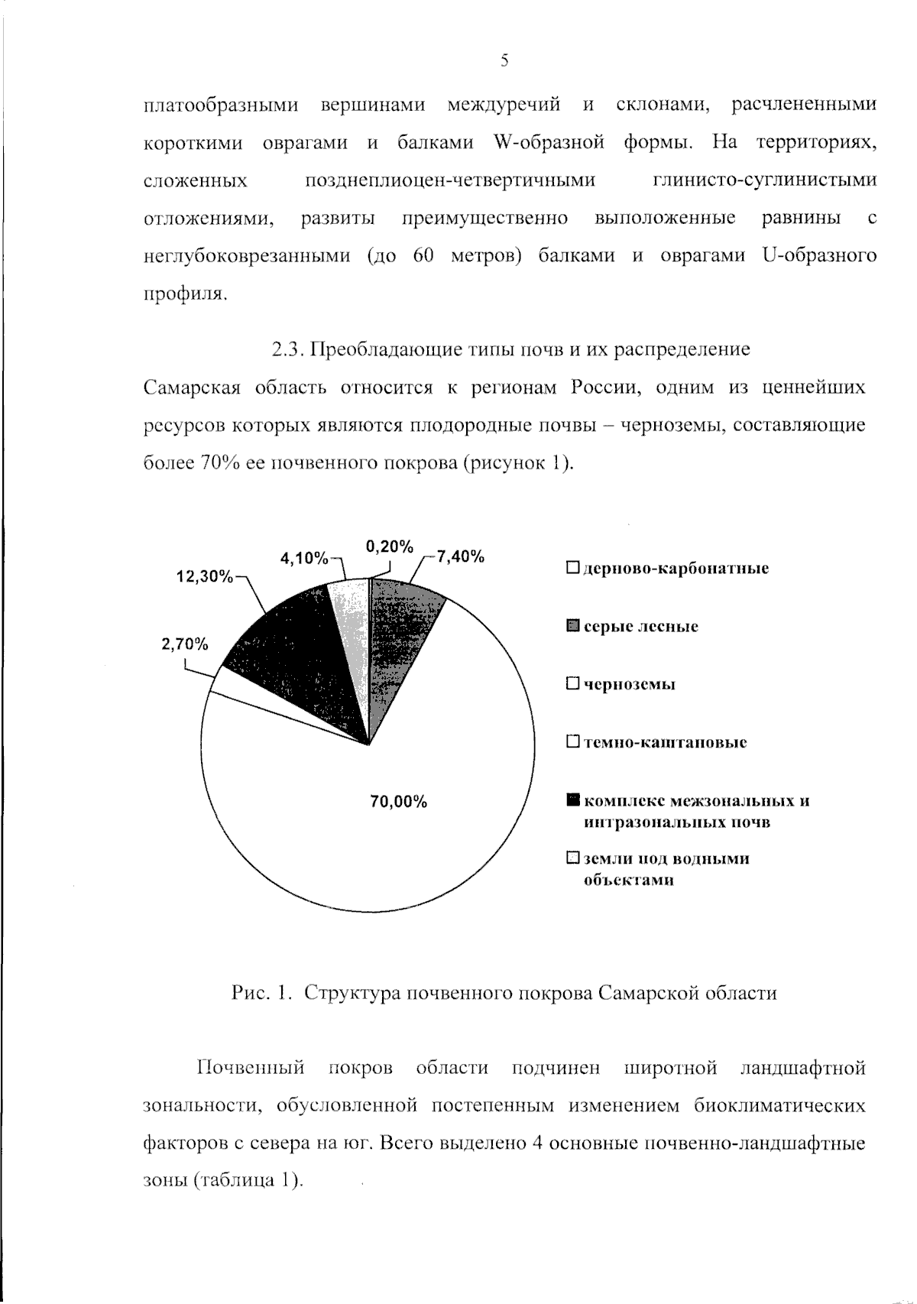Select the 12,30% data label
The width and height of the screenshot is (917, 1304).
pos(204,576)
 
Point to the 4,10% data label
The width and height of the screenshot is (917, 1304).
pos(303,558)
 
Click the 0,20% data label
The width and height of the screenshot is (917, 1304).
pos(390,547)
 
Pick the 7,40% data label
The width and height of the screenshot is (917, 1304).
pos(461,556)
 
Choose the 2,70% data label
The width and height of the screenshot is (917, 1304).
pos(184,644)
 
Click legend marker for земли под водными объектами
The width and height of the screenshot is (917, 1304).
pos(573,858)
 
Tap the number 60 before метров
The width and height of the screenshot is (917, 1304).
pos(423,255)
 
